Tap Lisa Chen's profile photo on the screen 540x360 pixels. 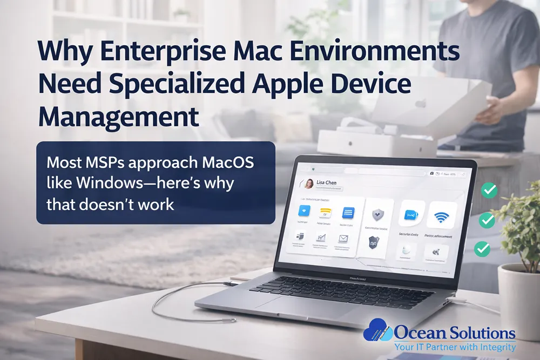[310, 184]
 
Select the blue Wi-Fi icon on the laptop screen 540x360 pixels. [441, 216]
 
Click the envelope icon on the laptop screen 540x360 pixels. [342, 239]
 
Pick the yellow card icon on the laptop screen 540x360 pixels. [325, 212]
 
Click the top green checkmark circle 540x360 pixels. [490, 189]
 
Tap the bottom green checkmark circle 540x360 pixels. [481, 249]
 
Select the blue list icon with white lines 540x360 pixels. [348, 212]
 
